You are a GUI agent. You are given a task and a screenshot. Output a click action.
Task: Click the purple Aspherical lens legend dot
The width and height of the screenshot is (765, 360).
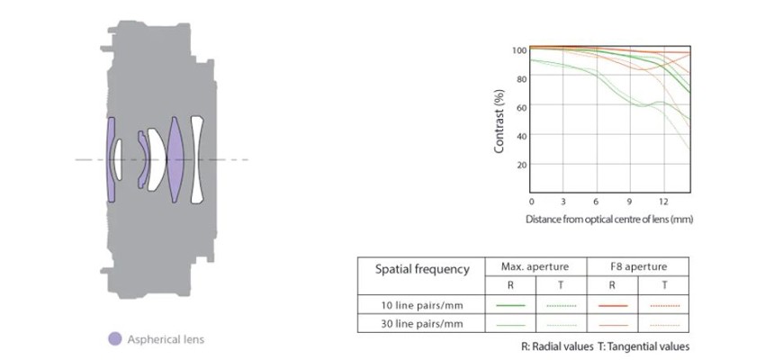(114, 339)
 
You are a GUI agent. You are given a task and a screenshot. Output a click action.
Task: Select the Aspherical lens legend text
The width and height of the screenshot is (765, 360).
(166, 339)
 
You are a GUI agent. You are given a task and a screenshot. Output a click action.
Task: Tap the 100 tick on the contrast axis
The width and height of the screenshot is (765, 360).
(519, 49)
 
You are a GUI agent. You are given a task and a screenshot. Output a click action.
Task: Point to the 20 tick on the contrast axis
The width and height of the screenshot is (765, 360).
(521, 165)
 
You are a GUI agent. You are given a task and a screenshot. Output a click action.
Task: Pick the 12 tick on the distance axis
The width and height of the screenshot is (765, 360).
(663, 201)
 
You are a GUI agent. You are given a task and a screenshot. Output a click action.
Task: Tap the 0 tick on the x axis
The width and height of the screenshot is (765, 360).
(532, 201)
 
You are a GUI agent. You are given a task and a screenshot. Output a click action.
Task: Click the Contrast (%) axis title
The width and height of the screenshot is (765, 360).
(499, 121)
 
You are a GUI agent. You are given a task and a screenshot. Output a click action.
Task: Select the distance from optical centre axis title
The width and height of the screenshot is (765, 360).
(609, 219)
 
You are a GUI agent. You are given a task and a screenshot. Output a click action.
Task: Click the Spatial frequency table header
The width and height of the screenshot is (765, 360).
(422, 269)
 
